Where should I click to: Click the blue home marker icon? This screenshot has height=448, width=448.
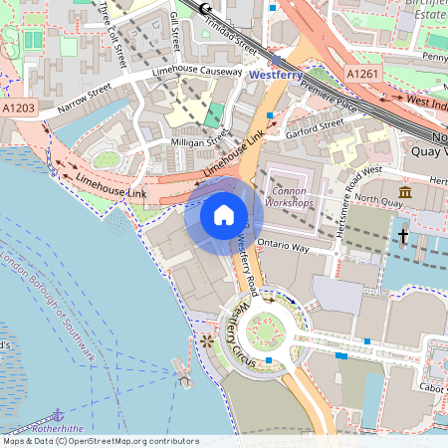pyautogui.click(x=224, y=215)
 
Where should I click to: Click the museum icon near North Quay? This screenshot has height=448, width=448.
pyautogui.click(x=405, y=192)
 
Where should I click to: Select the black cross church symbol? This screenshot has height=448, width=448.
pyautogui.click(x=403, y=236)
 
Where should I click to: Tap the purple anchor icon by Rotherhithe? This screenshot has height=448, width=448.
pyautogui.click(x=58, y=413)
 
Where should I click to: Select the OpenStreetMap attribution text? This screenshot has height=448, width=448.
pyautogui.click(x=100, y=441)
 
